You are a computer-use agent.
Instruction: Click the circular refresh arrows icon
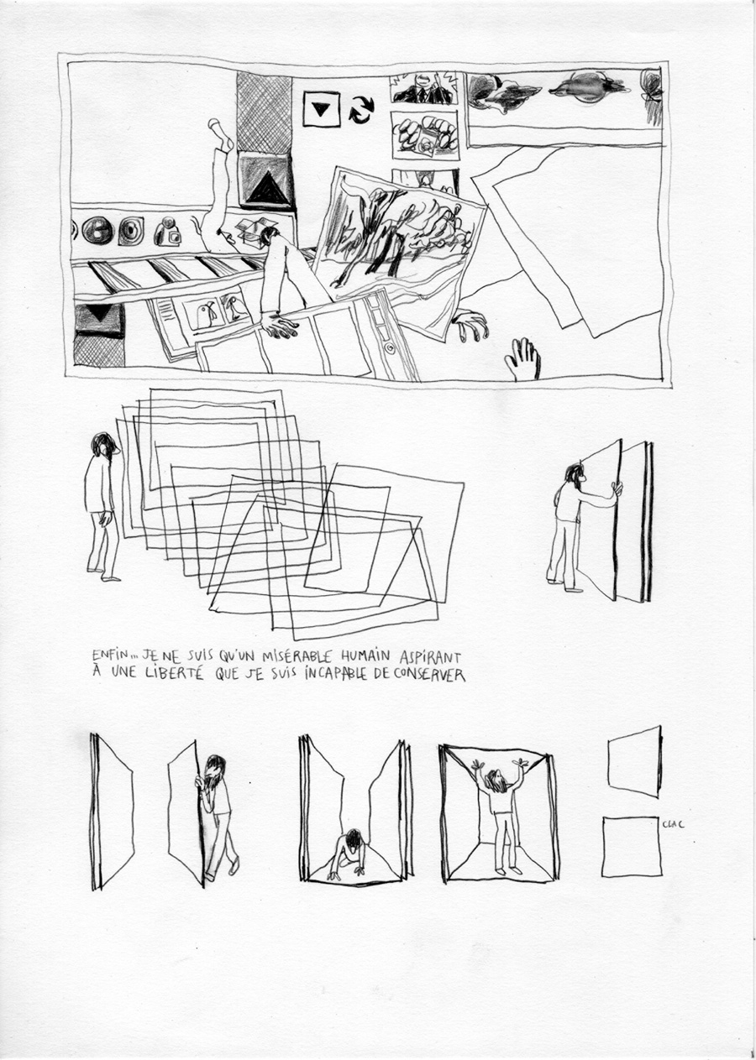tap(361, 109)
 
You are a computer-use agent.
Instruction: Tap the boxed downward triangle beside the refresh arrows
tap(321, 109)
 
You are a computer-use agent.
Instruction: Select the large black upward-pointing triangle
tap(265, 187)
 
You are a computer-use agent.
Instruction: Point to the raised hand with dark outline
tap(523, 358)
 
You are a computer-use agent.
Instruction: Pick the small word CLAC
tap(673, 824)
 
